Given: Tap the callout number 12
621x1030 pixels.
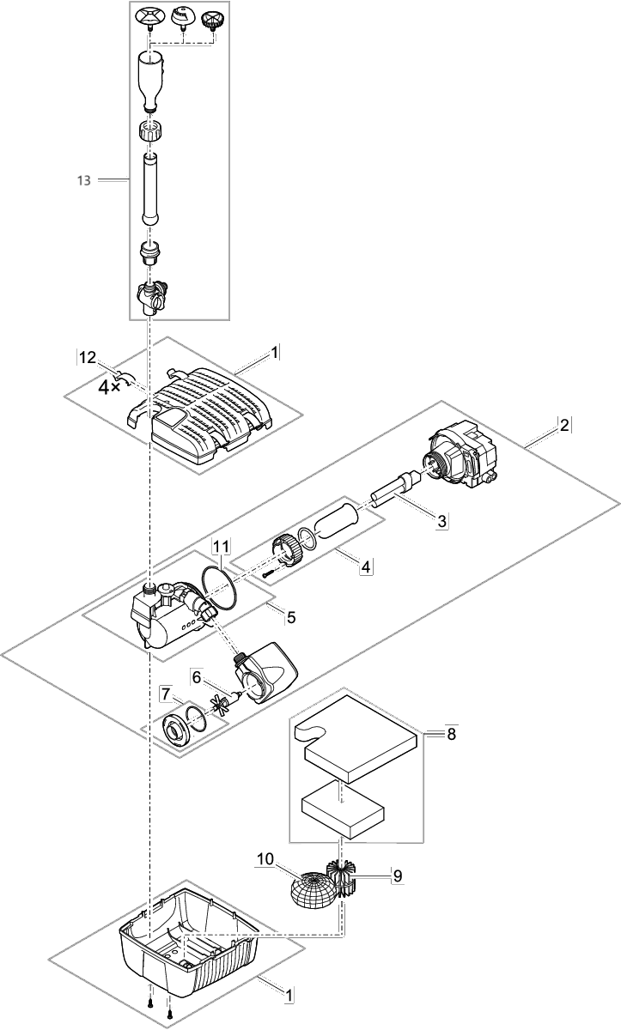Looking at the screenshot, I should pyautogui.click(x=87, y=357).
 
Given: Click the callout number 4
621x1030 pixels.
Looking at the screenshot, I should pyautogui.click(x=366, y=567).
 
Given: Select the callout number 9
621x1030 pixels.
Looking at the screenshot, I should pyautogui.click(x=397, y=876).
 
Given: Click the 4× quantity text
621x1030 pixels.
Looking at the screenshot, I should pyautogui.click(x=110, y=387).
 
